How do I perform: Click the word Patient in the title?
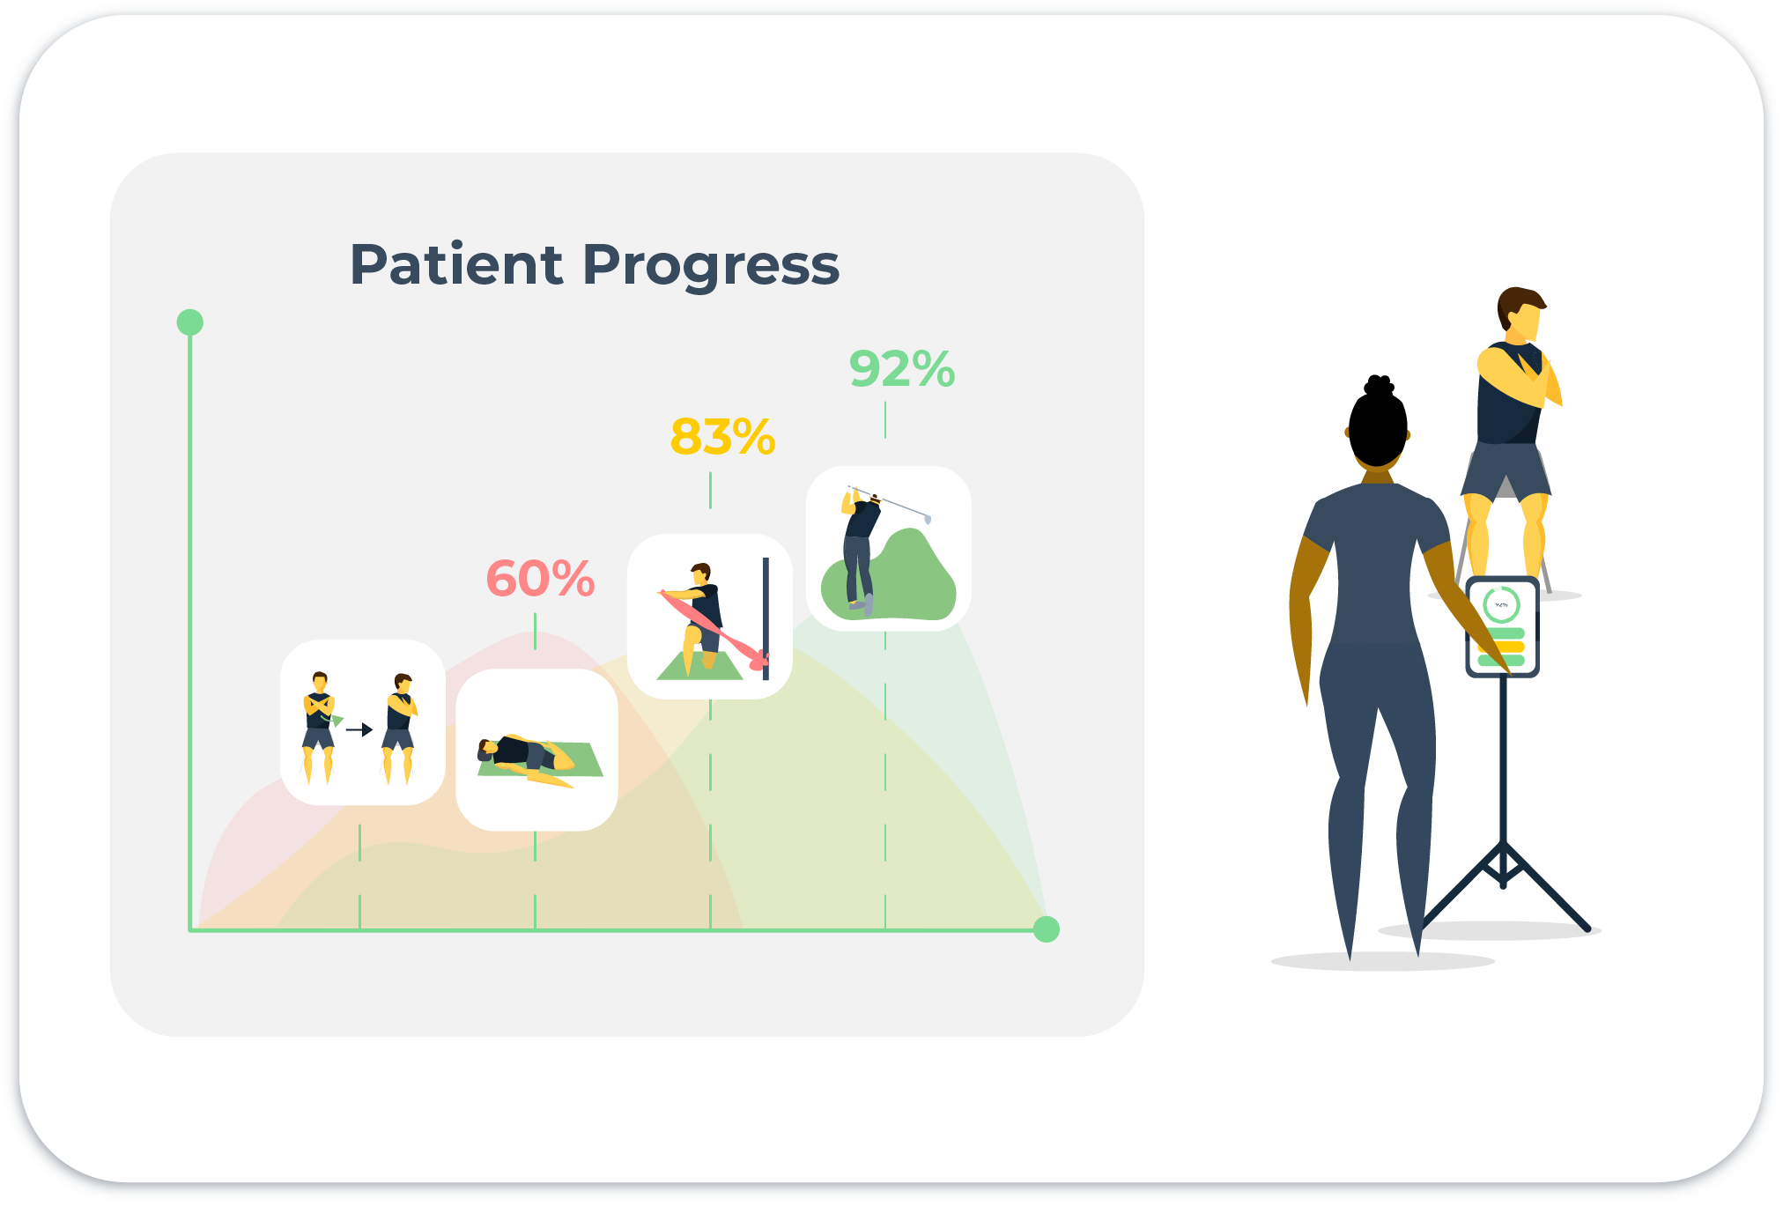(456, 264)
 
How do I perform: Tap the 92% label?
(902, 368)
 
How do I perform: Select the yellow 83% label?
(723, 436)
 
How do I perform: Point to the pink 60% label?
(541, 579)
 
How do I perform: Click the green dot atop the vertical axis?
(190, 322)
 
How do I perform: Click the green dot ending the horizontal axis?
(1046, 929)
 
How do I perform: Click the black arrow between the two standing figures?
(359, 729)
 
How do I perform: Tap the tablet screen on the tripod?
(1503, 627)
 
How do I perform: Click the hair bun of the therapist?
(1379, 386)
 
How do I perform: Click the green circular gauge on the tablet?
(1501, 605)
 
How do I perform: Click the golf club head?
(928, 519)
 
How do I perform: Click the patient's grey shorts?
(1506, 470)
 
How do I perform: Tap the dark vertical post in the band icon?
(766, 619)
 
